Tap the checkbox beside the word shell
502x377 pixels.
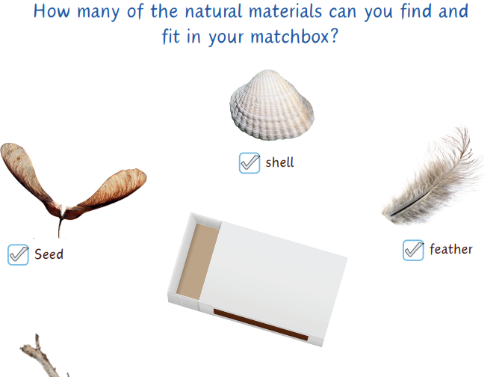(249, 162)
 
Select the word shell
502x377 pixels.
(279, 162)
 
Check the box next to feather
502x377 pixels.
(413, 250)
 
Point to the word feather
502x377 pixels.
(450, 249)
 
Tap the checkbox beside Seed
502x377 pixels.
(18, 254)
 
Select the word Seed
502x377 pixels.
(49, 254)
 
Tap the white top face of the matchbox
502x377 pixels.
(276, 269)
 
